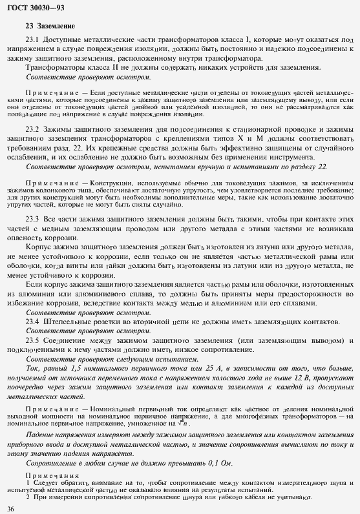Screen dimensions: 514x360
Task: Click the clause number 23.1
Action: click(32, 39)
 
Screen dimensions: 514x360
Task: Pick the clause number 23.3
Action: click(32, 219)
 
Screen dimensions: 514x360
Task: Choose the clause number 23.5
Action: click(32, 340)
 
